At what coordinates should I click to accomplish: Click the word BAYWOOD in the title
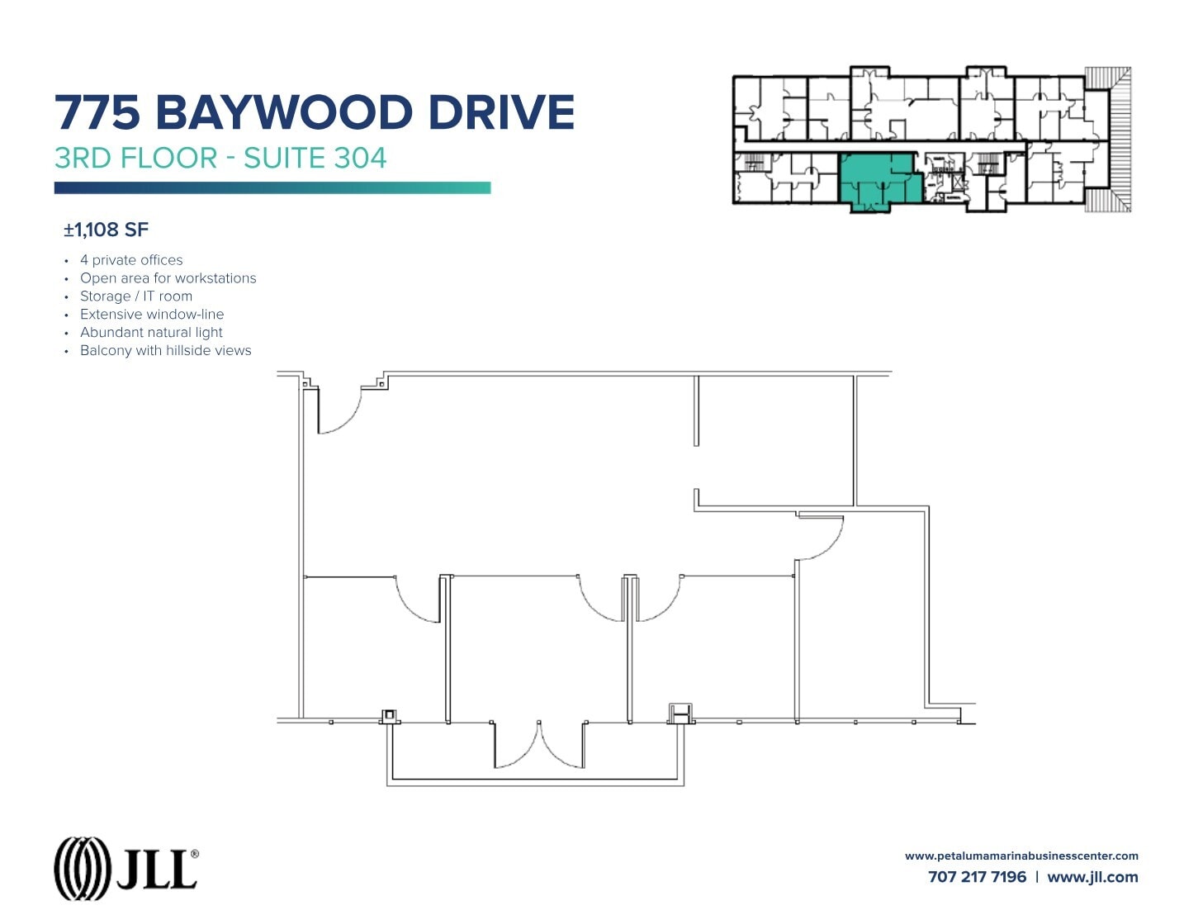283,112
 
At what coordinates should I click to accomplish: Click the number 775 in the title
97,112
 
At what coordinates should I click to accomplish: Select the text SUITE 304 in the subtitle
315,158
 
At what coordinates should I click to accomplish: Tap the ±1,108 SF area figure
107,230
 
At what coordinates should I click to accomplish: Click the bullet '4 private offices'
131,260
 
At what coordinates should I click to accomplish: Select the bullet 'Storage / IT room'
136,296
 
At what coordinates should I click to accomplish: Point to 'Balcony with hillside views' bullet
165,351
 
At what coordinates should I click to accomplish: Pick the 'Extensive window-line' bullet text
152,315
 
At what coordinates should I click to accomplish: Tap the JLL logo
126,868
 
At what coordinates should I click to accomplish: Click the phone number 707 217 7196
977,877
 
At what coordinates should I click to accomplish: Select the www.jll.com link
1092,877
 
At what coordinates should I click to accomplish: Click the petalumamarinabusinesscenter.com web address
1021,856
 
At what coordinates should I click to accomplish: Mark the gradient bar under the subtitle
272,188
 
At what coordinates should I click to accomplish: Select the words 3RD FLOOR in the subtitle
135,158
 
